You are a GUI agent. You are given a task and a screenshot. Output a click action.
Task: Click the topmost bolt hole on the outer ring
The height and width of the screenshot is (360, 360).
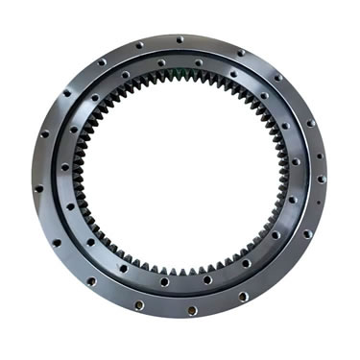[180, 39]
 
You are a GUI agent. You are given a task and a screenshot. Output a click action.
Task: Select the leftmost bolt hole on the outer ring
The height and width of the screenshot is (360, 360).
[38, 188]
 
